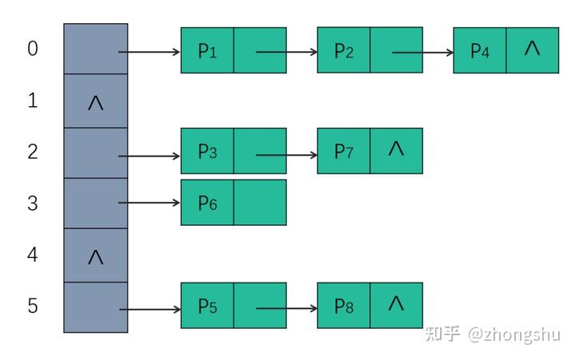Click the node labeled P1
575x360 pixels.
pos(207,51)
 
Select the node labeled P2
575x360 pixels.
pos(343,51)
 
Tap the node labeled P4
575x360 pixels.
pos(479,51)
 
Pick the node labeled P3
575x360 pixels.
pos(207,152)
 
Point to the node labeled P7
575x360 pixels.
pos(343,152)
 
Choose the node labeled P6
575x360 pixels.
pos(207,203)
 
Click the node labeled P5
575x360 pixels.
pos(207,306)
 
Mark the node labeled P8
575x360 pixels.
pos(343,306)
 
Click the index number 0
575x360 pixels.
pos(33,49)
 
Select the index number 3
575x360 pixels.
pos(33,203)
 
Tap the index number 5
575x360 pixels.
pos(33,306)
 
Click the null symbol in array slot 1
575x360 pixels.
pos(95,103)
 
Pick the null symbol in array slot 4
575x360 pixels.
pos(95,257)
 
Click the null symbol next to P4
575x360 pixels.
pos(532,49)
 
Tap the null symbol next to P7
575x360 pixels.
pos(395,148)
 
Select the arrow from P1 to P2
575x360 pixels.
pos(287,53)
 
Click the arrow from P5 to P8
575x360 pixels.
pos(287,308)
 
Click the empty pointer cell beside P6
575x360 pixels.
pos(260,203)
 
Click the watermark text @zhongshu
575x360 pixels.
pos(514,334)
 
